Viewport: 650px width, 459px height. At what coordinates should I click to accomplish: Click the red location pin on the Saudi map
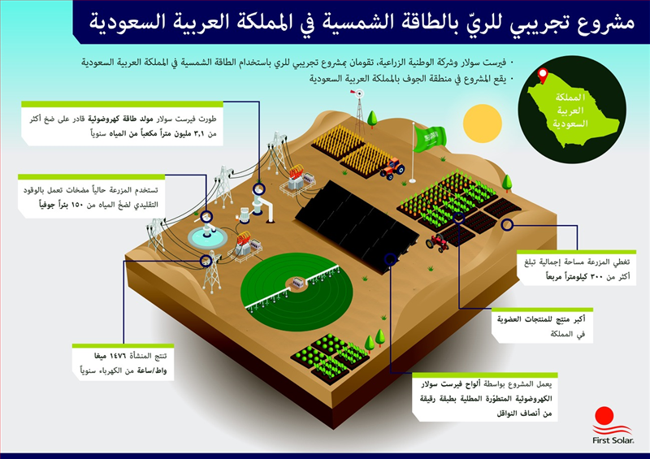pyautogui.click(x=543, y=76)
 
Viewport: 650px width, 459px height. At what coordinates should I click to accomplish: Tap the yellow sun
pyautogui.click(x=483, y=123)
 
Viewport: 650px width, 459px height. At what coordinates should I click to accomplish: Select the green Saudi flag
pyautogui.click(x=430, y=138)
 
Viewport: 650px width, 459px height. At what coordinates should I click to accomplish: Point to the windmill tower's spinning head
pyautogui.click(x=359, y=93)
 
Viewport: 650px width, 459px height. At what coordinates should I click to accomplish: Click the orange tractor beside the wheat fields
pyautogui.click(x=392, y=168)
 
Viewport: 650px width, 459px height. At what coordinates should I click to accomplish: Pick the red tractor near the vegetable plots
pyautogui.click(x=438, y=243)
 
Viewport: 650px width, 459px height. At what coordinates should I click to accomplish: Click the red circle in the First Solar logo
pyautogui.click(x=604, y=416)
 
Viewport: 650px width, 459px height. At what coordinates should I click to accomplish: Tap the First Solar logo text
pyautogui.click(x=613, y=440)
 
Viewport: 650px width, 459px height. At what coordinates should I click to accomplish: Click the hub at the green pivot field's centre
pyautogui.click(x=297, y=284)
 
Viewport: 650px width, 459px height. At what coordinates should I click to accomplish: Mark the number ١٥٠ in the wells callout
pyautogui.click(x=77, y=205)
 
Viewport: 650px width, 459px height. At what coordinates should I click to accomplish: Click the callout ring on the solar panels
pyautogui.click(x=390, y=259)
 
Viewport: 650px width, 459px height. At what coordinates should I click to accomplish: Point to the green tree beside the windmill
pyautogui.click(x=372, y=119)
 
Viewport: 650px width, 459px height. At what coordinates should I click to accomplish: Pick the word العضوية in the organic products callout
pyautogui.click(x=513, y=319)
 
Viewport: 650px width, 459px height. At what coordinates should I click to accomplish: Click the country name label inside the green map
pyautogui.click(x=571, y=110)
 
